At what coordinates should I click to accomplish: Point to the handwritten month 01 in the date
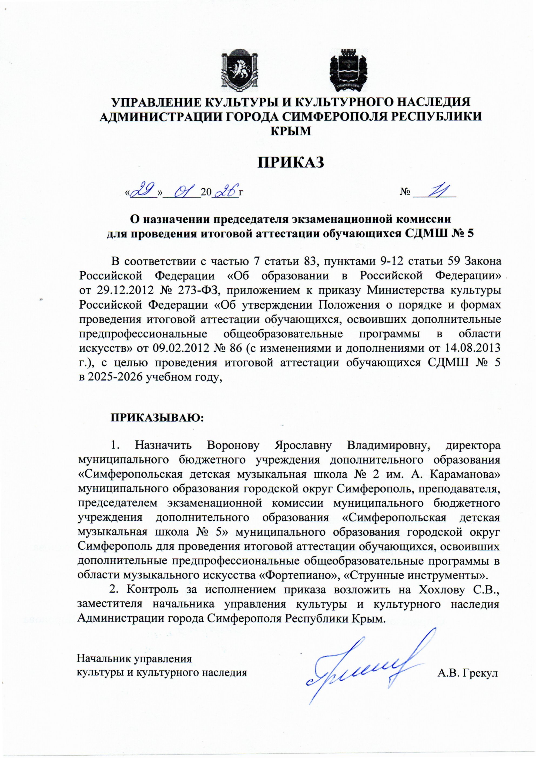[182, 191]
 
